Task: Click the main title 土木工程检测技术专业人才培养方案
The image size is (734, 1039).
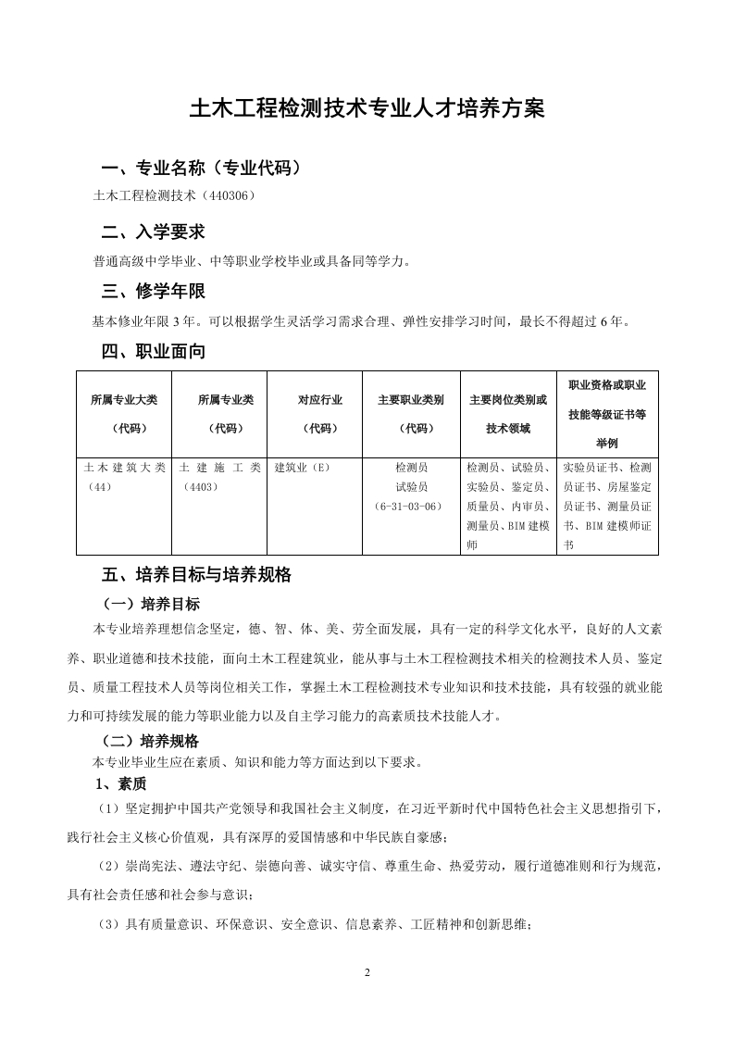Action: (x=367, y=108)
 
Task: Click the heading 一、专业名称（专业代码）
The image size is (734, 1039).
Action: (x=200, y=169)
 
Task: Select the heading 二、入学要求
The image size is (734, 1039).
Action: (x=153, y=232)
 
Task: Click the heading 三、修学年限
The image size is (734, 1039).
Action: (x=153, y=292)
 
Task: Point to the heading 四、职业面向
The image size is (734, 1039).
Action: (x=153, y=352)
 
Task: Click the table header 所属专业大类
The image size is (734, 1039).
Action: (x=124, y=400)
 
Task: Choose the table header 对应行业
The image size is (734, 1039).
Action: (x=319, y=400)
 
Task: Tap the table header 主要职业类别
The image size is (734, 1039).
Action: (x=411, y=400)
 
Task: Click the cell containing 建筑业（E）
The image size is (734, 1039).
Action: (x=303, y=469)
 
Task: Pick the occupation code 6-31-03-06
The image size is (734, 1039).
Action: (x=411, y=507)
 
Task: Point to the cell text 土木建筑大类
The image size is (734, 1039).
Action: (x=124, y=469)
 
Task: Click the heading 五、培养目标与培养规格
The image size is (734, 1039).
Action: (x=196, y=575)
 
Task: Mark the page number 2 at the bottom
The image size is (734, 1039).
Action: (x=367, y=972)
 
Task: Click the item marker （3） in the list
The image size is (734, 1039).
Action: (x=109, y=923)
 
